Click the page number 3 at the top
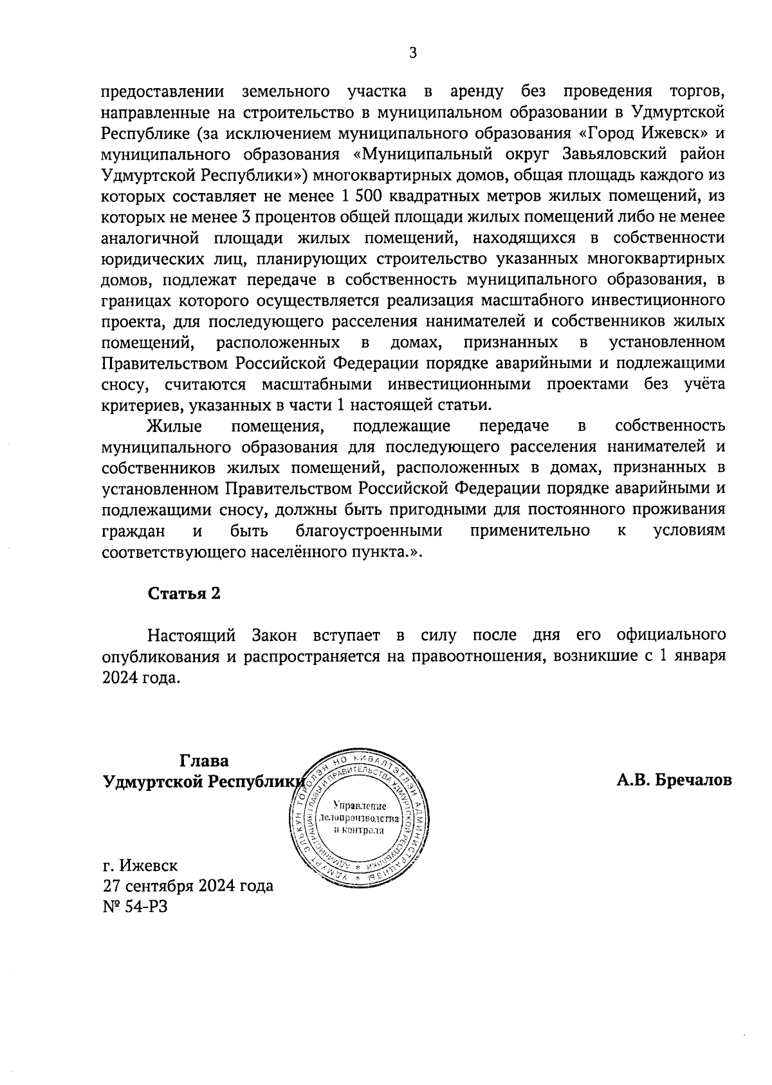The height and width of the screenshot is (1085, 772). [x=413, y=53]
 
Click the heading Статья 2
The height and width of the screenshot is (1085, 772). [x=184, y=593]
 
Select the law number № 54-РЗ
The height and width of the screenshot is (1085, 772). [x=134, y=907]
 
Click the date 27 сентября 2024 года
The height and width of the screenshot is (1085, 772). [x=188, y=886]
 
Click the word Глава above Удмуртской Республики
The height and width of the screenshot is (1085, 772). [x=204, y=761]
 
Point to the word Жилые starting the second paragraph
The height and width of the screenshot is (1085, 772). [x=174, y=426]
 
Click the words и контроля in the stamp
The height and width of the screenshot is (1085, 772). [x=359, y=830]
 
